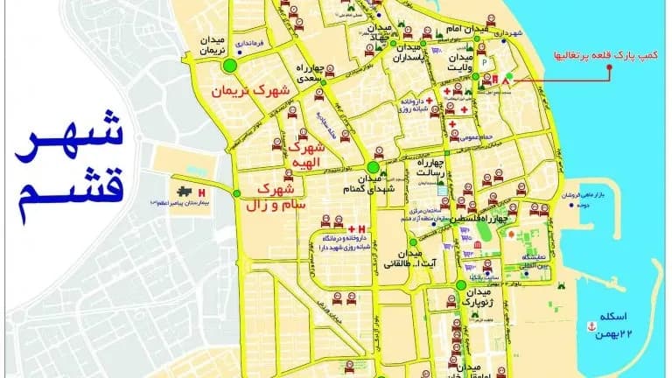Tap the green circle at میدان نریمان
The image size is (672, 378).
(x=231, y=65)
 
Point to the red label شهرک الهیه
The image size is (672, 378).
(x=306, y=156)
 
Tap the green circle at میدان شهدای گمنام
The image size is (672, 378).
(x=374, y=167)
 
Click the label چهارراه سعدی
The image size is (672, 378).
(x=311, y=72)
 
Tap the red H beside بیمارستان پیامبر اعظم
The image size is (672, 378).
(x=204, y=192)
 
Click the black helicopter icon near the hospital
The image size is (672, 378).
(x=185, y=192)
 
